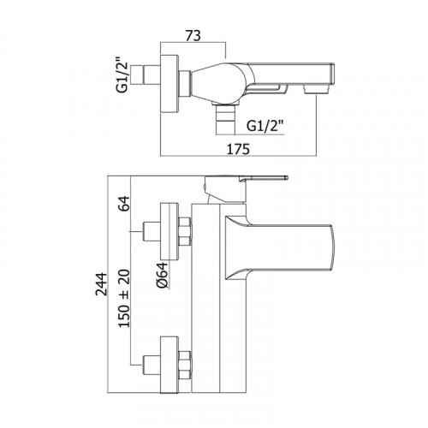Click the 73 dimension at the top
pos(193,36)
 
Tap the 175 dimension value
pos(238,149)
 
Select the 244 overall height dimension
pos(101,284)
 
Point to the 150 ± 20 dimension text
pos(124,299)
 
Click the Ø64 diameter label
pos(162,275)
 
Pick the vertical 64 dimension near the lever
pos(124,204)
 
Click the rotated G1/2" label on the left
pos(122,75)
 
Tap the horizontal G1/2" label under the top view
pos(265,126)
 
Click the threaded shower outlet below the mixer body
pos(225,119)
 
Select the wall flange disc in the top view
pos(169,84)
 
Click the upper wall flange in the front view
pos(169,231)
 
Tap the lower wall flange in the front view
pos(169,365)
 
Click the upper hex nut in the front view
pos(185,231)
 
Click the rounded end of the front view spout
pos(331,247)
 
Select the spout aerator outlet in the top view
pos(316,89)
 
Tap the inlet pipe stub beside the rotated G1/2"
pos(146,75)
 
